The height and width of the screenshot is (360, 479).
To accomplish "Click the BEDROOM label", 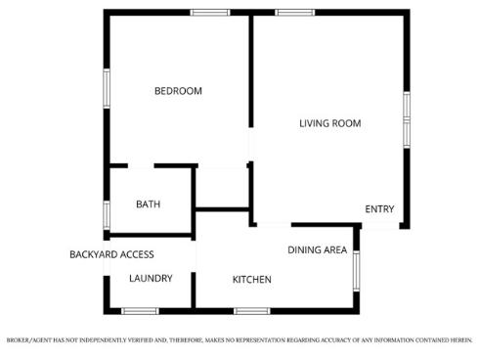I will pyautogui.click(x=178, y=91).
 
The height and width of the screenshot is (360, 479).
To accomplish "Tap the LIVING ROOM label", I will pyautogui.click(x=329, y=123).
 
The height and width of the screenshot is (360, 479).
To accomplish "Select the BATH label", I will pyautogui.click(x=148, y=204).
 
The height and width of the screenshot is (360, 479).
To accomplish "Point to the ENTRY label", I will pyautogui.click(x=379, y=209).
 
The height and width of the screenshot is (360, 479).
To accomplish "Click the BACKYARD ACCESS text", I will pyautogui.click(x=111, y=254).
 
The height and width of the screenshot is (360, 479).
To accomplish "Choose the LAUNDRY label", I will pyautogui.click(x=151, y=278).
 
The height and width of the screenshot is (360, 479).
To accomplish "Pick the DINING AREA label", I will pyautogui.click(x=317, y=250).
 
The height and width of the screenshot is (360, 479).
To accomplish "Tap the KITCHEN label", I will pyautogui.click(x=251, y=280).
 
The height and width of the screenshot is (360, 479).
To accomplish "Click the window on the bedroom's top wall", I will pyautogui.click(x=209, y=12).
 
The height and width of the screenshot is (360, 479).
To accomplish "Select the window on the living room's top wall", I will pyautogui.click(x=293, y=12).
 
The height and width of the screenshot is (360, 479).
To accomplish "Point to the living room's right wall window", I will pyautogui.click(x=406, y=117).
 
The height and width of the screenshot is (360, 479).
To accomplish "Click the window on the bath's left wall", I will pyautogui.click(x=107, y=213).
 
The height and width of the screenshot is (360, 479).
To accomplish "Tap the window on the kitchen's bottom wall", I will pyautogui.click(x=251, y=311).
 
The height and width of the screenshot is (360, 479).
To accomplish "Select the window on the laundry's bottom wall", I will pyautogui.click(x=140, y=311).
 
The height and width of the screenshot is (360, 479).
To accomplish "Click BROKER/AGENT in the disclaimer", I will pyautogui.click(x=27, y=340).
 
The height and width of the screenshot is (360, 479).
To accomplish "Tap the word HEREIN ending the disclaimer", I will pyautogui.click(x=458, y=340).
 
